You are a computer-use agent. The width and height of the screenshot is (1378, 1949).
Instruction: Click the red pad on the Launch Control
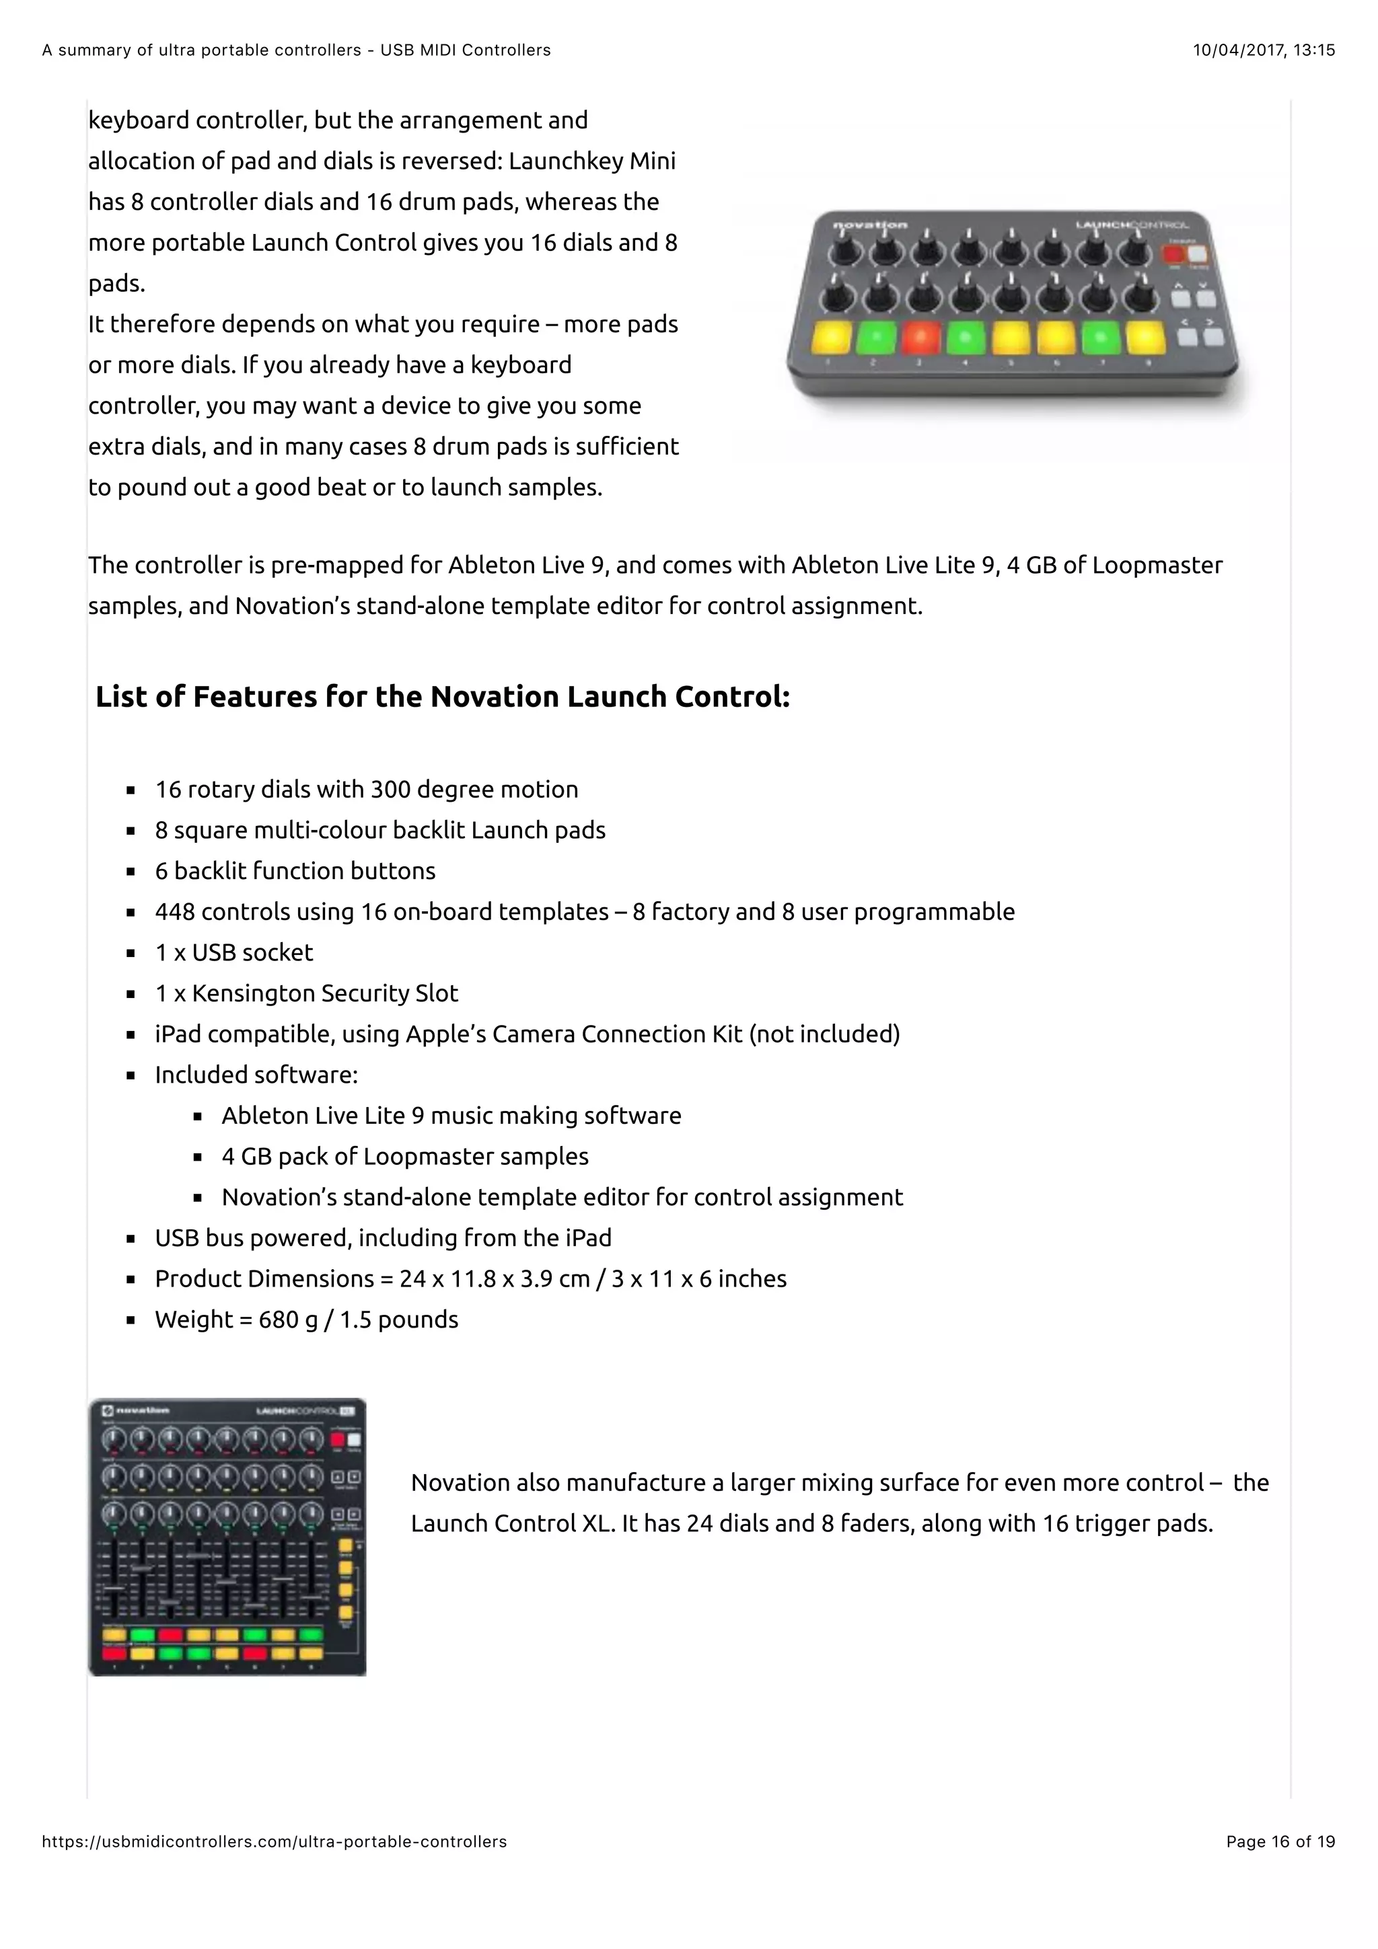(920, 337)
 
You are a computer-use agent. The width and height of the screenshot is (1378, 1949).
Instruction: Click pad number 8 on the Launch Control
(1145, 337)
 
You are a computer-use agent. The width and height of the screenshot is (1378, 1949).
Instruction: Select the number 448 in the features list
(175, 912)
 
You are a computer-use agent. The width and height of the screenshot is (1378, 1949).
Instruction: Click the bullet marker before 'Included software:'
(131, 1075)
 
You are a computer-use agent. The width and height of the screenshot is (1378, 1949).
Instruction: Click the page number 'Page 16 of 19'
(1280, 1841)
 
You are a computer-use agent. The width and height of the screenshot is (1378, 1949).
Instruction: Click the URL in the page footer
(275, 1841)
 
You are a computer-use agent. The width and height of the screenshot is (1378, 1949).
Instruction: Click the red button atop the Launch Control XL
(337, 1440)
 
